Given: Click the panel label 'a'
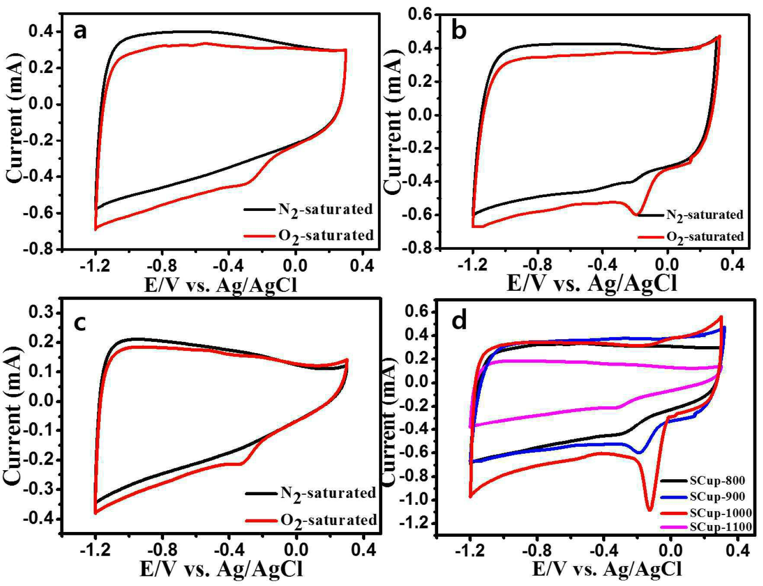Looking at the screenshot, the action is click(80, 31).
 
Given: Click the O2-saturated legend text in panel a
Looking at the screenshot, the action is click(326, 236).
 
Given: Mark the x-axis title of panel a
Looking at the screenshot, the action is click(221, 285).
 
